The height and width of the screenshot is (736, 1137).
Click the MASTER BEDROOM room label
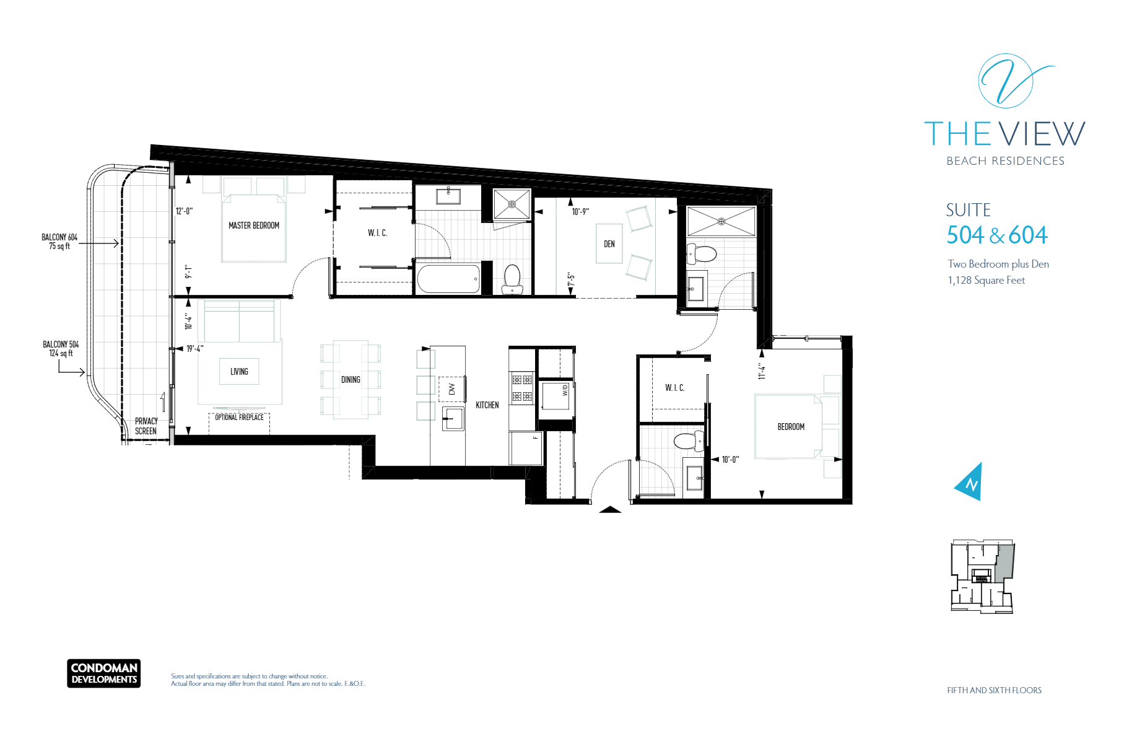click(254, 226)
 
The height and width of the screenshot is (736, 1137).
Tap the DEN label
click(609, 244)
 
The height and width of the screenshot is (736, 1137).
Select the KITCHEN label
click(487, 405)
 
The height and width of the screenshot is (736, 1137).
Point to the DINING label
click(351, 380)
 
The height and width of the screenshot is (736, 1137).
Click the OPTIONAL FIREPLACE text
click(239, 418)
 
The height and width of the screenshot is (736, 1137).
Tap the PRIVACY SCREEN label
click(146, 426)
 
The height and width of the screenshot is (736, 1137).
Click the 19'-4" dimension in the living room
click(195, 349)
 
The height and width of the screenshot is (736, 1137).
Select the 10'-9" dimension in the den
click(580, 212)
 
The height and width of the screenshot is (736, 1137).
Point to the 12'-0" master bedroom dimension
click(184, 211)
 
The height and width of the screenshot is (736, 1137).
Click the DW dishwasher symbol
click(451, 389)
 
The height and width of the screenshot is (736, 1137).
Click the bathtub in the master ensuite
click(448, 279)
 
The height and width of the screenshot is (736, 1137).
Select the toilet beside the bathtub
click(512, 279)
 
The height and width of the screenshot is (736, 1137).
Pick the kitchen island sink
click(453, 419)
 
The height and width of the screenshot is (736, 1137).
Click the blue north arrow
click(969, 481)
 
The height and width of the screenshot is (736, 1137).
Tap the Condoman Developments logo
click(104, 673)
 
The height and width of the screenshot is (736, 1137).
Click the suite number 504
click(965, 235)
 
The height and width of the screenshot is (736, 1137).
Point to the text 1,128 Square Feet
click(986, 281)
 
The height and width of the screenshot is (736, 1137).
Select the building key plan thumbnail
click(982, 576)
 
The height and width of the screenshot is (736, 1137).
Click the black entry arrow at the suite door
click(610, 510)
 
